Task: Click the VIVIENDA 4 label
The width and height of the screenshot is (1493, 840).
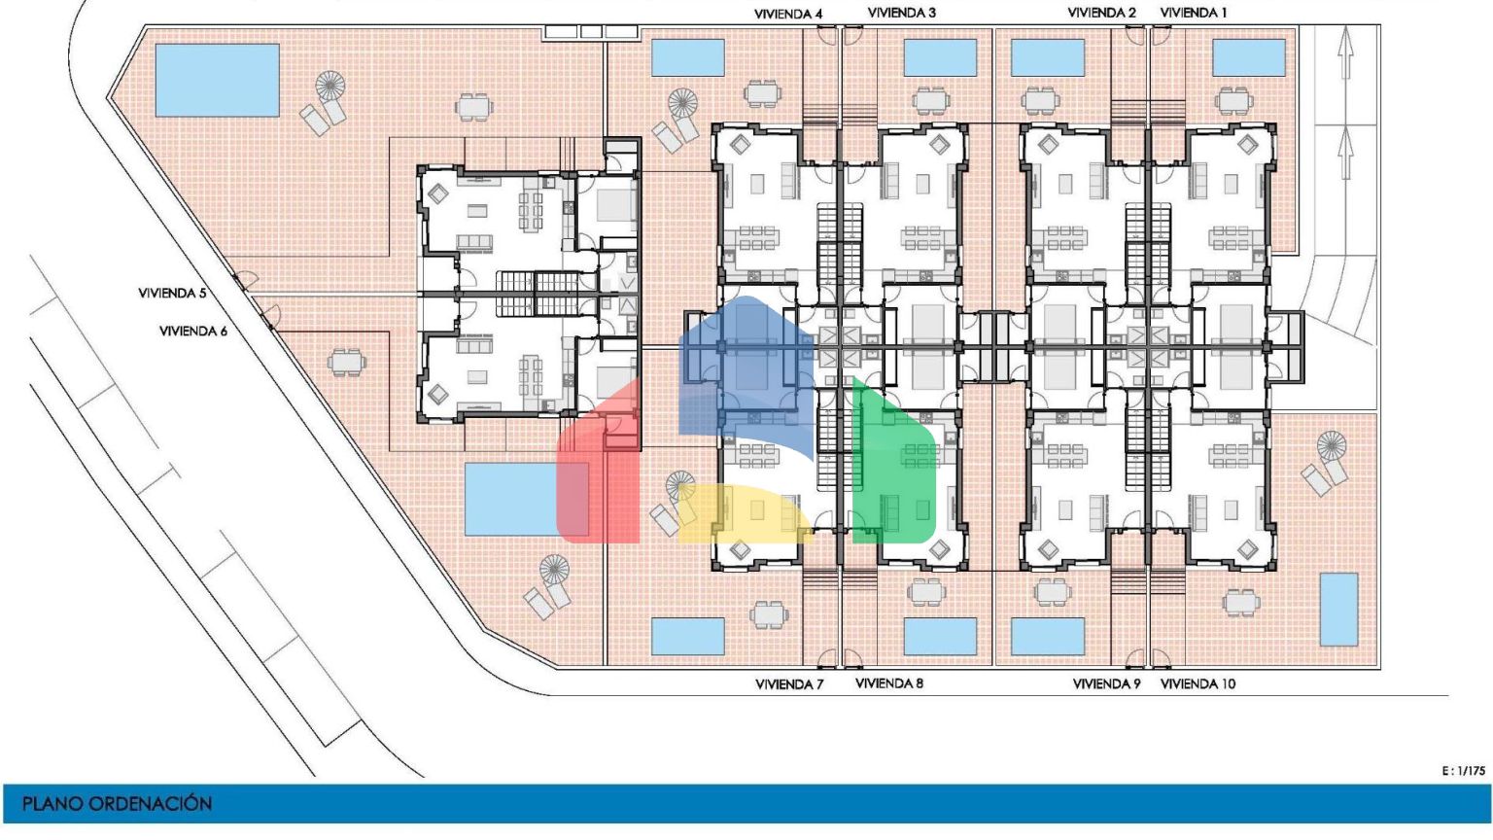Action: coord(788,14)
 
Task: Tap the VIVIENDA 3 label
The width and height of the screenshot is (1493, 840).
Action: coord(901,13)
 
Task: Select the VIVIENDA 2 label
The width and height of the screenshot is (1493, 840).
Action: coord(1101,13)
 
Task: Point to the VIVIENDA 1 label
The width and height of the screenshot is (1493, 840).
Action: coord(1193,13)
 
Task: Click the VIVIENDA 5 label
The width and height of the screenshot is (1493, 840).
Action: coord(172,293)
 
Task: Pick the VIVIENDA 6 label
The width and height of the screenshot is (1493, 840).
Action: coord(193,331)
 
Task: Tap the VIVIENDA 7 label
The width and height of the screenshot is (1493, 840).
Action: coord(789,684)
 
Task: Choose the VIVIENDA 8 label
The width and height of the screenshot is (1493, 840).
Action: coord(889,683)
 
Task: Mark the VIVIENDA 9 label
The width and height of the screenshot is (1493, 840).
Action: coord(1106,684)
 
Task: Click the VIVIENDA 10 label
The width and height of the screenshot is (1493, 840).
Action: coord(1198,684)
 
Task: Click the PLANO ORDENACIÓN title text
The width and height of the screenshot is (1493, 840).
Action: coord(118,803)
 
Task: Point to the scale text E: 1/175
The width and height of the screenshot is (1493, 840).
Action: coord(1464,771)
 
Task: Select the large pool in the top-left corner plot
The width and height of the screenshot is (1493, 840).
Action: coord(217,80)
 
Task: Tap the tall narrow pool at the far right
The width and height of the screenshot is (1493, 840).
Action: coord(1339,610)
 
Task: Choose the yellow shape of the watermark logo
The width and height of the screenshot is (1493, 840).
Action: coord(746,513)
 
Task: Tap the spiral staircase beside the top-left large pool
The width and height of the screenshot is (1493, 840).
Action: coord(331,86)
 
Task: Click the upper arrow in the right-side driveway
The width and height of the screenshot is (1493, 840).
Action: coord(1345,52)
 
